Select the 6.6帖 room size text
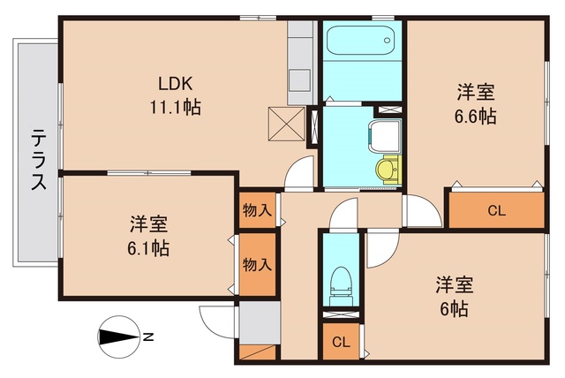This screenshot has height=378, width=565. pos(476,115)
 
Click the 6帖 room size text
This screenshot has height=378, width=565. pos(455,309)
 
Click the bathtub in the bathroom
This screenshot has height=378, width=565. pos(361,41)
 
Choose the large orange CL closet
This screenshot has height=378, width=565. pos(496,210)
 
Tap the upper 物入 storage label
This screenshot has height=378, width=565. pos(257,212)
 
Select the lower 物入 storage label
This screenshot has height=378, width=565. pos(257,263)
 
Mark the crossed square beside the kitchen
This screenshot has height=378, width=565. pos(286,124)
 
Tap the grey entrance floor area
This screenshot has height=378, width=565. pos(258,322)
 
